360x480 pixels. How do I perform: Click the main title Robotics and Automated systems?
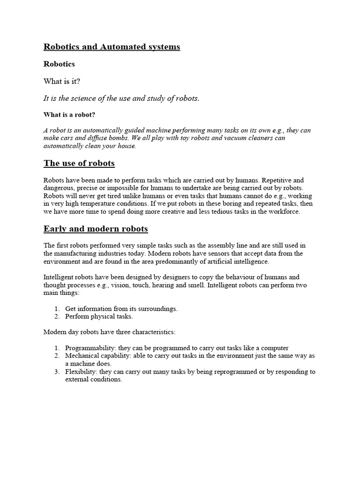tap(112, 47)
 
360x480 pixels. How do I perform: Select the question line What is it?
tap(62, 81)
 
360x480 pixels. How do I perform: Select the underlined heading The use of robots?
tap(79, 163)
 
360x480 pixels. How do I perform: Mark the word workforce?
tap(283, 212)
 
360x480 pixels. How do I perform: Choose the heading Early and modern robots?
tap(96, 229)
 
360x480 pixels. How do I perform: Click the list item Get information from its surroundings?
tap(121, 308)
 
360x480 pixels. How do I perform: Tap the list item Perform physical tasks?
tap(99, 316)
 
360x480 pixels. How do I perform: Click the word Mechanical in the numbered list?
tap(81, 356)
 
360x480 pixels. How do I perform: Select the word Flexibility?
tap(80, 372)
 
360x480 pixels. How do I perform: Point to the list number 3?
tap(57, 372)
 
